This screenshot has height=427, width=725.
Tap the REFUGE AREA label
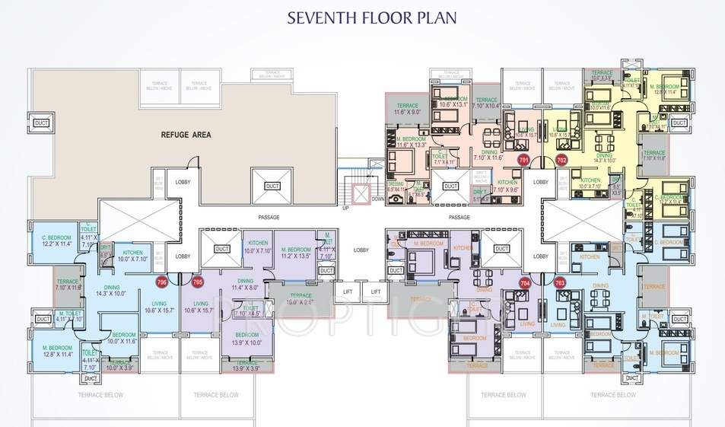186,135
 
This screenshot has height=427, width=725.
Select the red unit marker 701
523,161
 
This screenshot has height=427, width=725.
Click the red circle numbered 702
561,161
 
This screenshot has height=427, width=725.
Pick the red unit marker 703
561,282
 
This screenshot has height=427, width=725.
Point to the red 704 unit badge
524,282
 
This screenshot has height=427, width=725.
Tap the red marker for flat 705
198,282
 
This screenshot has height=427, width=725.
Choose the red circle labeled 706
161,282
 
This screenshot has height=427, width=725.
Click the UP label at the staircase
344,208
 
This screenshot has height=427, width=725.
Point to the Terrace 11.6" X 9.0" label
407,108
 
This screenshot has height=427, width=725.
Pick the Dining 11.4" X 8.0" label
245,284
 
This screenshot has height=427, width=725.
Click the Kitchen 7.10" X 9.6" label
507,186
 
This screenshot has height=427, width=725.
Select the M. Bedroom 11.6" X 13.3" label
412,142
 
